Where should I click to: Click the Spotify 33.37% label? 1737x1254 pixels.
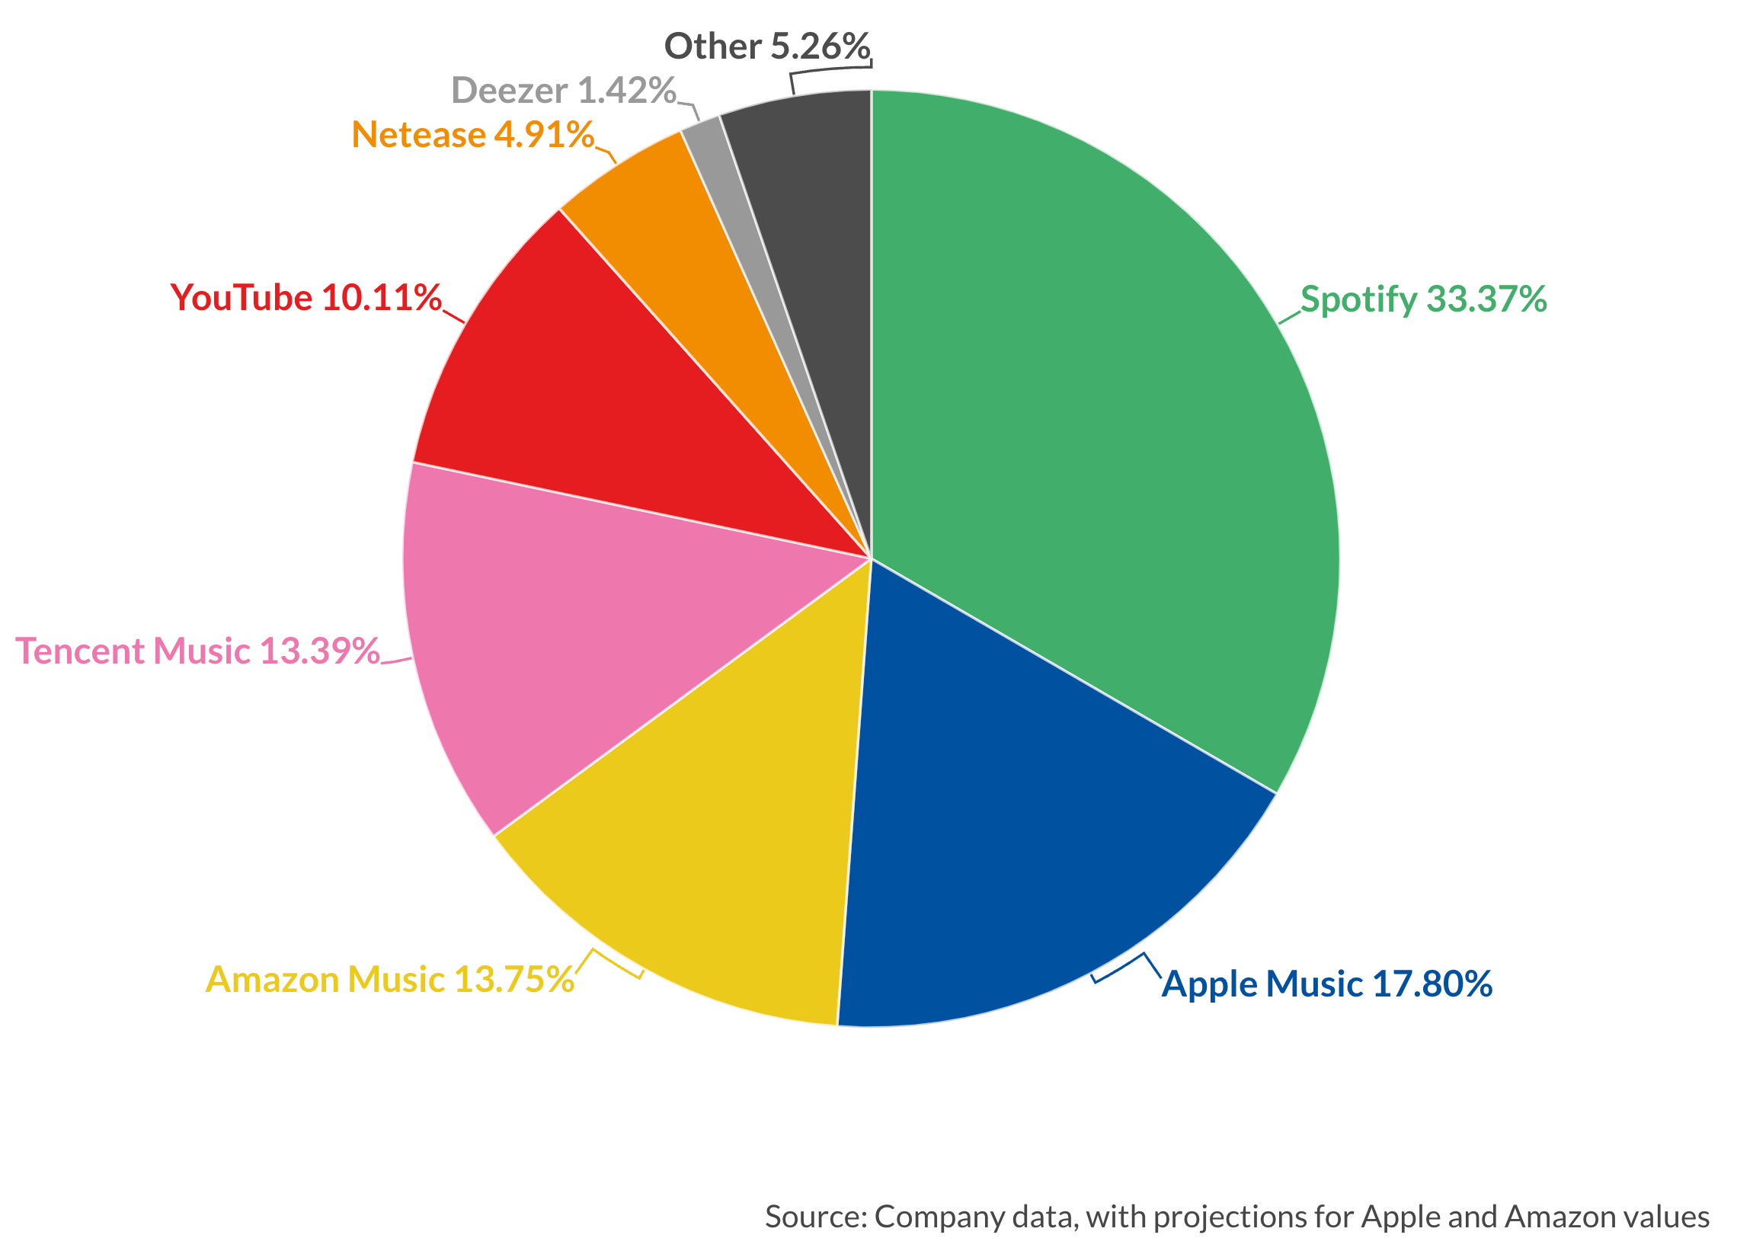(x=1423, y=299)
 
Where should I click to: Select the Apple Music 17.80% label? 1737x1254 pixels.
(x=1326, y=984)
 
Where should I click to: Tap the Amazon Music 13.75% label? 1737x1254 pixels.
(x=390, y=980)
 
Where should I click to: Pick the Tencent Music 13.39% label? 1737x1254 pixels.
(x=197, y=651)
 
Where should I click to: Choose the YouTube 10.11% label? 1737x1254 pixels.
(x=305, y=298)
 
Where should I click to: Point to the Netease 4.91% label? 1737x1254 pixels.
(x=472, y=135)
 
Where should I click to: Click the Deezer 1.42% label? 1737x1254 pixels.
(x=564, y=91)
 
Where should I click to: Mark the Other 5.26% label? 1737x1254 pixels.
(x=766, y=46)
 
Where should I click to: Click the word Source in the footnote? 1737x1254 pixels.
(x=814, y=1217)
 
